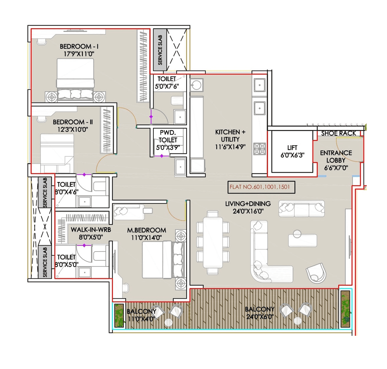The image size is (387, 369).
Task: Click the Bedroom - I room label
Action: click(79, 47)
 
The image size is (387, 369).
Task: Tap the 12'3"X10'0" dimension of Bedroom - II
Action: click(73, 130)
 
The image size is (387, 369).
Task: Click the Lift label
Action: click(292, 148)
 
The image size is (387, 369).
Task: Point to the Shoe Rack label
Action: click(338, 133)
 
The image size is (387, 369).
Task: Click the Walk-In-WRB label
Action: click(91, 230)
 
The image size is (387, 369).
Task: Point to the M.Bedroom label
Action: click(146, 230)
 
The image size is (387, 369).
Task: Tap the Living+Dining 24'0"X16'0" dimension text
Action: click(248, 211)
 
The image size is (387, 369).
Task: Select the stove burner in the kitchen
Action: click(259, 149)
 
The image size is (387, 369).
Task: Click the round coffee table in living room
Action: click(297, 234)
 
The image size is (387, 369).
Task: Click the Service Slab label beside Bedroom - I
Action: click(160, 50)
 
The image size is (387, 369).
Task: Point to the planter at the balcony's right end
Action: click(345, 309)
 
